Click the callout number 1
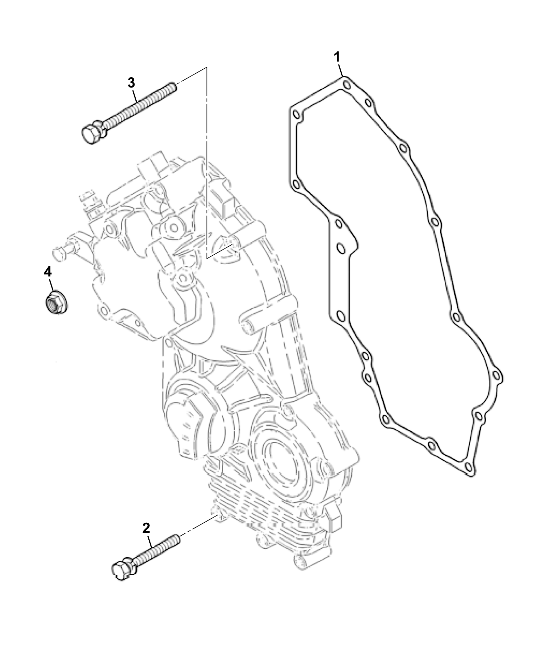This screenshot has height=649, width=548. point(338,57)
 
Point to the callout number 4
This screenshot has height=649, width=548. point(48,272)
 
